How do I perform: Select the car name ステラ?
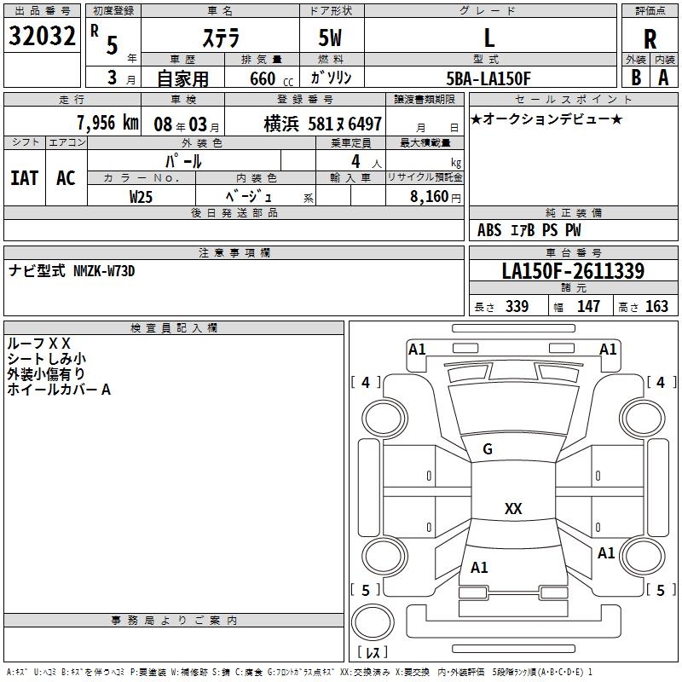tap(219, 38)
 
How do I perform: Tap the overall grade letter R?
tap(650, 38)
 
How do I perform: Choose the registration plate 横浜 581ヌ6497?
tap(323, 123)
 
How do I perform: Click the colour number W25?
tap(142, 196)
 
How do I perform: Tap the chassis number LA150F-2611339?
tap(573, 272)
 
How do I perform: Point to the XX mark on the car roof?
tap(513, 508)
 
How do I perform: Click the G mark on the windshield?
tap(488, 449)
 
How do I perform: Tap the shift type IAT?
tap(25, 177)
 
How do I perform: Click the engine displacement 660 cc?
tap(265, 78)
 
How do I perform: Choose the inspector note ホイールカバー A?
tap(59, 390)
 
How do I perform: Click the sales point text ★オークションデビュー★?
tap(546, 118)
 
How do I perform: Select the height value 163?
tap(657, 306)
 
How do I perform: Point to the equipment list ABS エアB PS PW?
tap(529, 230)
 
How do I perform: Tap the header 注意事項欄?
tap(234, 253)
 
